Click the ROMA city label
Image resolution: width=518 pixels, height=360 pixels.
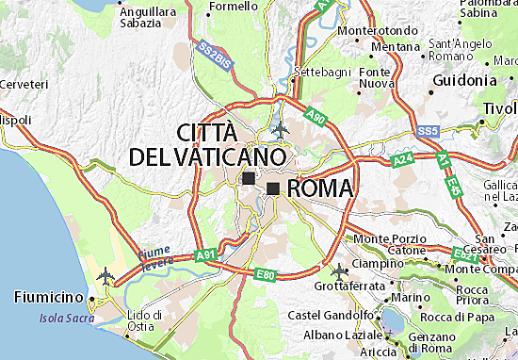point(318,188)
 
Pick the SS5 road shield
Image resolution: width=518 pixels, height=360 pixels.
point(429,129)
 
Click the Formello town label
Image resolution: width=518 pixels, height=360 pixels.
point(233,6)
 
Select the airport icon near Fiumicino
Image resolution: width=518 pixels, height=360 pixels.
point(104,279)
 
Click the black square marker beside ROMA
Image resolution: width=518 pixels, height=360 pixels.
point(273,188)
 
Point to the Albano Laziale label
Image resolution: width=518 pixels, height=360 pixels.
point(335,335)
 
